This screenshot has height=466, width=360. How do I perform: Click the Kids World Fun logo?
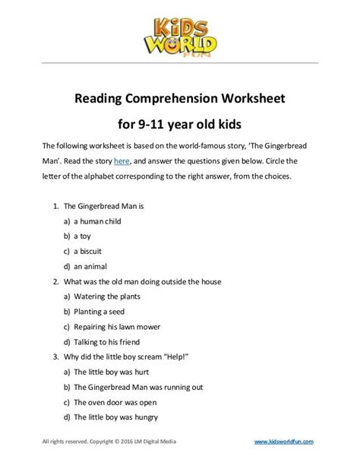[x=179, y=30]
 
